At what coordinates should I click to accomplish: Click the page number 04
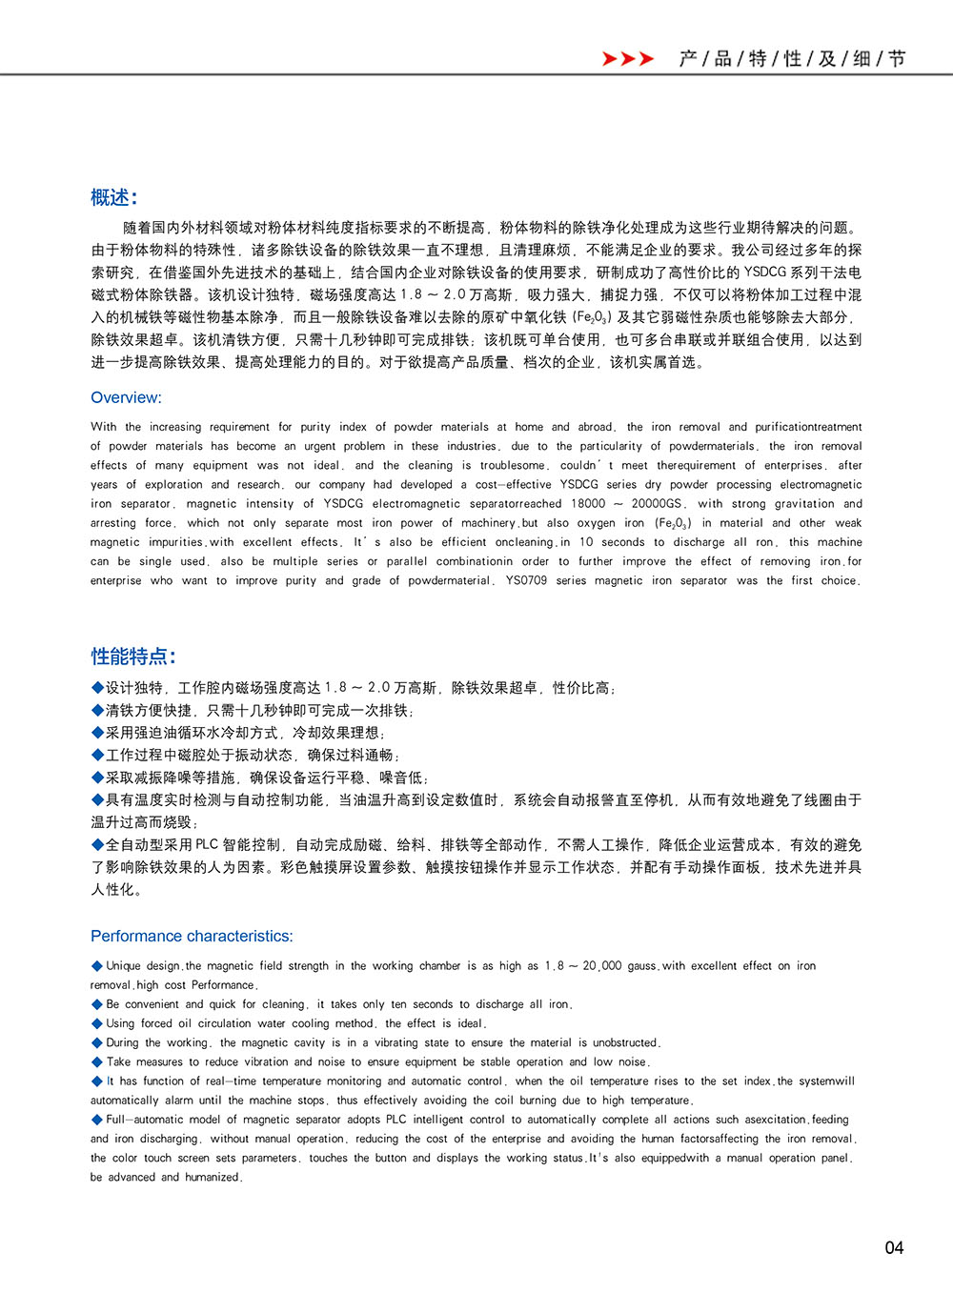(x=893, y=1247)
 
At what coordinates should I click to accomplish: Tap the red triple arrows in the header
(x=628, y=59)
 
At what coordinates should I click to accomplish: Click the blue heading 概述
(x=113, y=197)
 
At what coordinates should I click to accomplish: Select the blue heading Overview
(x=126, y=397)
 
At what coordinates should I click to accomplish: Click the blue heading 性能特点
(x=133, y=656)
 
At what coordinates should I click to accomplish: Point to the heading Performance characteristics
(x=192, y=936)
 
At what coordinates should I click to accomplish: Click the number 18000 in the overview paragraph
(x=588, y=503)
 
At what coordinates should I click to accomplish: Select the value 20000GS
(x=657, y=503)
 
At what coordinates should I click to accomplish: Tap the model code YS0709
(x=526, y=580)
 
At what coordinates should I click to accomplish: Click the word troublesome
(x=513, y=465)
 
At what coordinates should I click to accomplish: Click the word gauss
(x=641, y=966)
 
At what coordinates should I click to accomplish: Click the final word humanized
(x=213, y=1177)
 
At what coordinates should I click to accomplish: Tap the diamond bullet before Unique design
(x=97, y=966)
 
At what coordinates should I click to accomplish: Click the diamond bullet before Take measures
(x=97, y=1061)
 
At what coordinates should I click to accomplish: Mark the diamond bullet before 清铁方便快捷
(x=97, y=710)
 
